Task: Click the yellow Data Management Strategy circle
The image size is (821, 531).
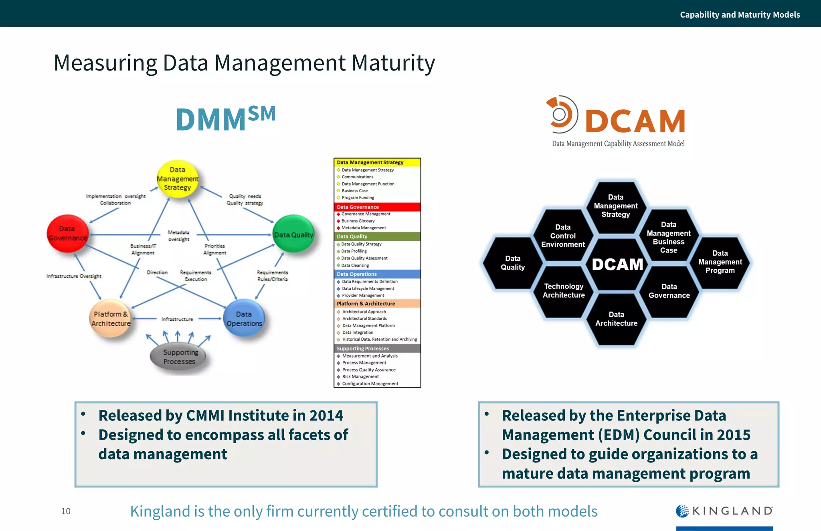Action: (178, 179)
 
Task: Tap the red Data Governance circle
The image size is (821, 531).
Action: (67, 234)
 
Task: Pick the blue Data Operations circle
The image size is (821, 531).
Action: (244, 319)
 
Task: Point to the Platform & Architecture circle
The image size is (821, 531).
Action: (111, 319)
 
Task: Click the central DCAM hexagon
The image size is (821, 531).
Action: (617, 264)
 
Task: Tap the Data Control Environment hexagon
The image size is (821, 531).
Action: (563, 236)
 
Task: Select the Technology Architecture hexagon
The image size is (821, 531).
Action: (564, 291)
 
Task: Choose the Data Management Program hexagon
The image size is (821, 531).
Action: (720, 262)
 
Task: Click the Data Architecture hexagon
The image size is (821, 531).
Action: (616, 319)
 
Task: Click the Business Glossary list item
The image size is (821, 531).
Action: (358, 221)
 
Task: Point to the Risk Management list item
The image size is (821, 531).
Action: (360, 377)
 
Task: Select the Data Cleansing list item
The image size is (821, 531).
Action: (355, 265)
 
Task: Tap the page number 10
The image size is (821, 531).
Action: (66, 511)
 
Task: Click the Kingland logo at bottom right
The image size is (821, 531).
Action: (724, 511)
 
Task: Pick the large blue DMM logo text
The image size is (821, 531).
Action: (226, 118)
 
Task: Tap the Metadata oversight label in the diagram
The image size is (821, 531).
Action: (178, 236)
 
